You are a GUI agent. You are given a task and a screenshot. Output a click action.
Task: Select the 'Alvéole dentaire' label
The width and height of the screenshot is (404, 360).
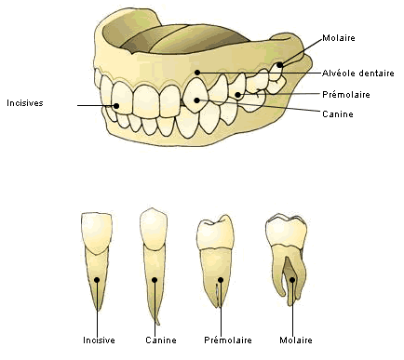tap(358, 73)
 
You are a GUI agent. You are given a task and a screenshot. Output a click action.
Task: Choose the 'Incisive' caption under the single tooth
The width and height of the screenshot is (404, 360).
tap(99, 340)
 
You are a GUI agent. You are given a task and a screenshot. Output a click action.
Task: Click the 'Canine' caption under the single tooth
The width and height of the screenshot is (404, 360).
tap(161, 340)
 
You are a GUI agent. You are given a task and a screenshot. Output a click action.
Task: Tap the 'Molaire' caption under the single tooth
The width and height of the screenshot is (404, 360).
tap(294, 340)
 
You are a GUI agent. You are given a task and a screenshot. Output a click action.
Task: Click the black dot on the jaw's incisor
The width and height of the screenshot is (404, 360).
tap(115, 105)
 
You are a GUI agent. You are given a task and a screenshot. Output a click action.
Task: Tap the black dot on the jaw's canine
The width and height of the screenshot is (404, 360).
tap(197, 100)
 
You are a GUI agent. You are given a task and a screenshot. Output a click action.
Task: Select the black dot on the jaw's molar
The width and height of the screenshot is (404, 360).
tap(280, 65)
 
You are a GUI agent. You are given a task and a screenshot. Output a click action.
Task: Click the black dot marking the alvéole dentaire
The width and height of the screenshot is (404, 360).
tap(197, 73)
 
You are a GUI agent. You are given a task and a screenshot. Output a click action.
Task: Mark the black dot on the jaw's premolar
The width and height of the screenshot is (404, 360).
tap(239, 94)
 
